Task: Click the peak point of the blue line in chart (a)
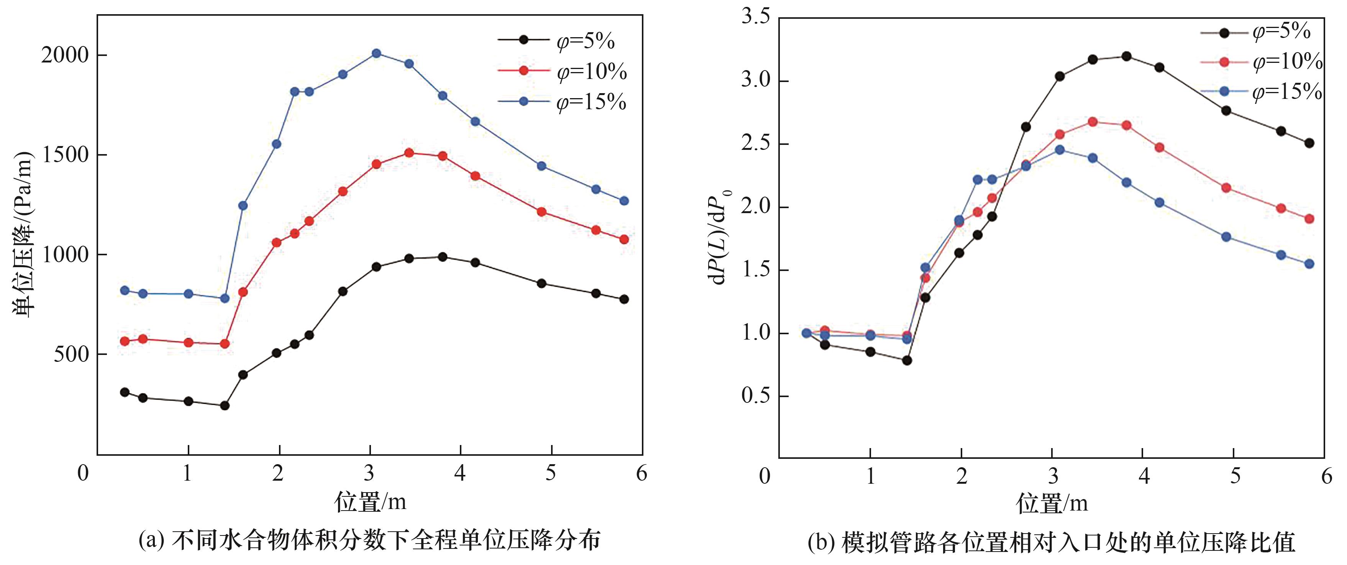point(376,53)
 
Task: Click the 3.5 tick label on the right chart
point(756,17)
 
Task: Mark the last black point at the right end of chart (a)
point(624,299)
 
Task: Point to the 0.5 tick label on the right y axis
point(756,396)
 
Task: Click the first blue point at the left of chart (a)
point(125,290)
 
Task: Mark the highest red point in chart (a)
point(409,153)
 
